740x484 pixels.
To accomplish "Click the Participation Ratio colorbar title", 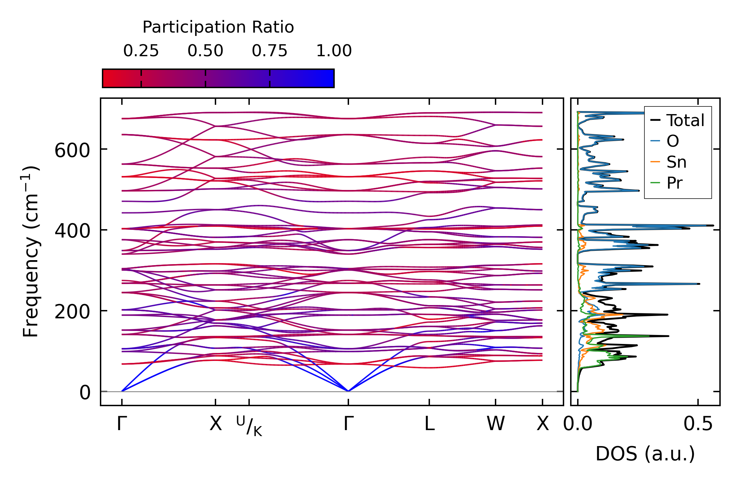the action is [218, 27].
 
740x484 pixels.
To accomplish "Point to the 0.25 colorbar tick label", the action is [141, 51].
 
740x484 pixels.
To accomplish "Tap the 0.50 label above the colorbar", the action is [205, 51].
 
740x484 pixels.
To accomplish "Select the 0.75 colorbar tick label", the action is [269, 51].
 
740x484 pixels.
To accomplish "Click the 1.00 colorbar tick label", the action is [334, 51].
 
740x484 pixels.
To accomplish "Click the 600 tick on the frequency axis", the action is [72, 150].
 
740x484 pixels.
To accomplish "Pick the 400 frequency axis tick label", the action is [72, 231].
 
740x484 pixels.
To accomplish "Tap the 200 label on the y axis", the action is [72, 312].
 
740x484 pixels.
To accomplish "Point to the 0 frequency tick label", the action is [85, 393].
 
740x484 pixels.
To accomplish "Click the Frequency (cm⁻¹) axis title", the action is [31, 251].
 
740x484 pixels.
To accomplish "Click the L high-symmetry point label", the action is [429, 424].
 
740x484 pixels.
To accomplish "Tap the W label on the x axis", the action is [496, 424].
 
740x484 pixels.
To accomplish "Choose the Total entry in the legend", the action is [677, 120].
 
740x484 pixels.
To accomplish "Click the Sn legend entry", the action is [668, 162].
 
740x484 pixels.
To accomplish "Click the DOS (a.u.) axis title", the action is [645, 454].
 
